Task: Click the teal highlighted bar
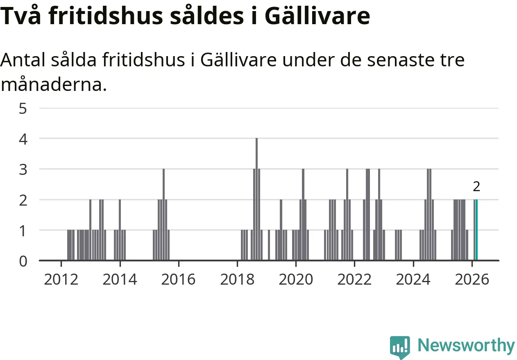point(476,230)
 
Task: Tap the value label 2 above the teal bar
point(476,187)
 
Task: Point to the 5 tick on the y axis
point(23,109)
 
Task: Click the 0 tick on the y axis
point(23,260)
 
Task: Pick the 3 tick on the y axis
point(23,169)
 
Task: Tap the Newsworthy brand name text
point(466,345)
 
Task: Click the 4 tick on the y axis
point(23,139)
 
